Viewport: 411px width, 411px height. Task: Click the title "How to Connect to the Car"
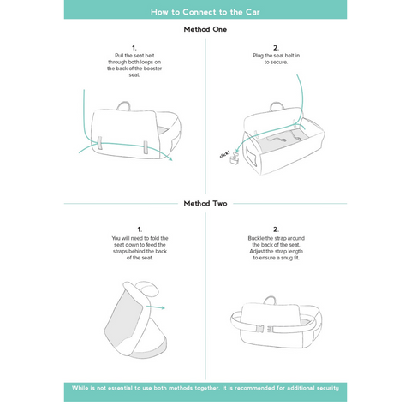tap(205, 12)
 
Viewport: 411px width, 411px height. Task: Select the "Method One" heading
tap(205, 29)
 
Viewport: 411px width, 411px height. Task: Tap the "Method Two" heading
tap(205, 204)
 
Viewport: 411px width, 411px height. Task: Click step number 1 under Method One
tap(134, 48)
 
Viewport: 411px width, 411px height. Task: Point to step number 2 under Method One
tap(276, 48)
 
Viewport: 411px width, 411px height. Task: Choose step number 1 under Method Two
tap(134, 229)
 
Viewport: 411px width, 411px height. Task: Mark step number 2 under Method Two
tap(276, 229)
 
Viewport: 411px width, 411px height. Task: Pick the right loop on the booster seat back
tap(146, 146)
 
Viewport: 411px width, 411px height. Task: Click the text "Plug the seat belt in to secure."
tap(276, 60)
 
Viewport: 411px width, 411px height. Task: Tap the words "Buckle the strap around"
tap(276, 239)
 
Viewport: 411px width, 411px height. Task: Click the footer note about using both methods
tap(205, 388)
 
